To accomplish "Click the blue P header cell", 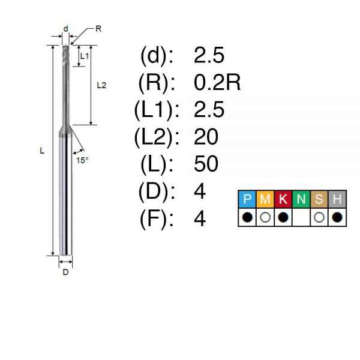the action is (x=247, y=199).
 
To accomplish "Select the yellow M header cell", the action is (x=265, y=199).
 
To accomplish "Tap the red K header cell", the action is (x=283, y=199).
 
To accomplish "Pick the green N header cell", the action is (x=301, y=199).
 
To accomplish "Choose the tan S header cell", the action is (x=319, y=199).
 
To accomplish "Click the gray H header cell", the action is (x=337, y=199).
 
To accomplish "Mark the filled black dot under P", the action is (x=247, y=217).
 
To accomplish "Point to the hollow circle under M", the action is (x=265, y=217).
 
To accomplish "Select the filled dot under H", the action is (x=337, y=217).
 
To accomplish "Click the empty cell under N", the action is (x=301, y=217).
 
